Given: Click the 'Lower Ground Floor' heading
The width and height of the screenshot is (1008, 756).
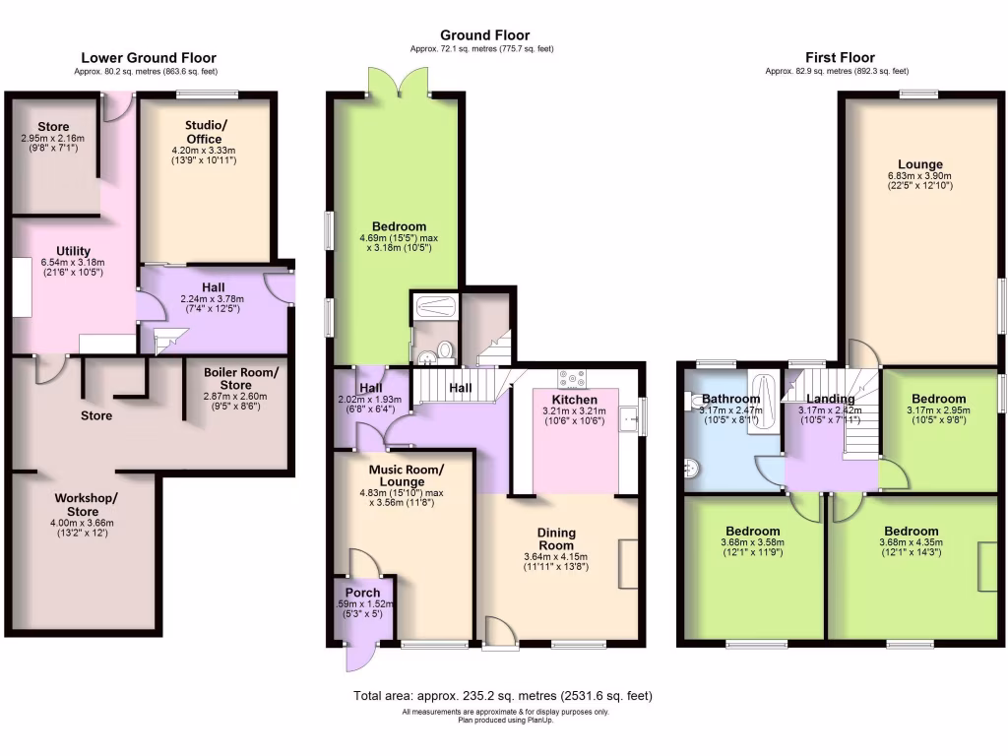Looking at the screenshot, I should coord(148,58).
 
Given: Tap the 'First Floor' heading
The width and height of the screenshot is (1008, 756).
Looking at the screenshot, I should coord(840,58).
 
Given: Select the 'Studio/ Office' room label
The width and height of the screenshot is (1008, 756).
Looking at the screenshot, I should coord(204,132).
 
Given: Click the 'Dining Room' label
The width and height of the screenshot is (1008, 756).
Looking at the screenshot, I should coord(556,538).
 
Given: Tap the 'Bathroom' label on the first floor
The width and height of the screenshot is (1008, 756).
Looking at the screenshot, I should coord(730,399).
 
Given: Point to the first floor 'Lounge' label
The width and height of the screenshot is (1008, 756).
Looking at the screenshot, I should coord(920,164).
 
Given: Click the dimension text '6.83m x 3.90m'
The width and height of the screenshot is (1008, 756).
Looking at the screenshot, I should coord(920,177).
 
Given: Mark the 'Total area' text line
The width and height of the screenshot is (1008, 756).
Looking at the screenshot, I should coord(503,696).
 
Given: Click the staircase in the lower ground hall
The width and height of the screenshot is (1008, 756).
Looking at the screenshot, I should coord(164,342).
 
